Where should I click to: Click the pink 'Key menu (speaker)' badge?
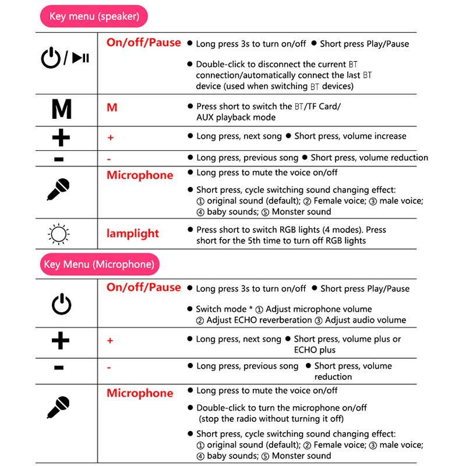point(94,16)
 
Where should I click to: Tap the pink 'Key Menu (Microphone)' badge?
point(99,264)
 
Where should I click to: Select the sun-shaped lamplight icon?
point(58,234)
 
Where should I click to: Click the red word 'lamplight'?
point(132,234)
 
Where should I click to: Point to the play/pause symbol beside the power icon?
point(80,58)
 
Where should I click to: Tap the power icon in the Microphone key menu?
point(61,304)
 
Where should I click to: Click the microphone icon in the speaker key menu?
point(58,189)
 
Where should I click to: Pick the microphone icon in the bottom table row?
point(58,407)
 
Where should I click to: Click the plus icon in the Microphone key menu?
point(61,341)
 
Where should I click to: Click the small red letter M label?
point(112,108)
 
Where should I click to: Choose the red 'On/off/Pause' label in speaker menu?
point(143,43)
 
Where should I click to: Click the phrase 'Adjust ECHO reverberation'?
point(259,320)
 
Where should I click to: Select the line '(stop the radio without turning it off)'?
point(271,419)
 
